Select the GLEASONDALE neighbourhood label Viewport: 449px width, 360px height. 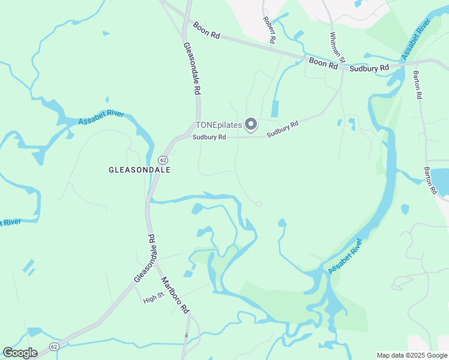tap(140, 170)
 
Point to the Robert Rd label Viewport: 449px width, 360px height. tap(269, 29)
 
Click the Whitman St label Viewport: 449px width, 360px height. tap(336, 47)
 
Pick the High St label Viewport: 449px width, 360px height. tap(153, 298)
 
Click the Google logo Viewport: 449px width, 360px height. tap(20, 352)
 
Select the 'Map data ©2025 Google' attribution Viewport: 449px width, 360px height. tap(412, 355)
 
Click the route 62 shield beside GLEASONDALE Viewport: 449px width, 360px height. tap(163, 160)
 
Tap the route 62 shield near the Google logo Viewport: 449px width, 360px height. tap(54, 347)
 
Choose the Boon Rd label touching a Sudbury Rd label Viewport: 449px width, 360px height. tap(324, 62)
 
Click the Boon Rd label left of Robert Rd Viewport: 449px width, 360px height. tap(207, 31)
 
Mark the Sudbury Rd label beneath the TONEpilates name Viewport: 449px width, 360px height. tap(209, 137)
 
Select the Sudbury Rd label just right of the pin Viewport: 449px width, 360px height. tap(283, 128)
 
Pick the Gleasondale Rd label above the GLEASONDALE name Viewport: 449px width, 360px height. tap(191, 69)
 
